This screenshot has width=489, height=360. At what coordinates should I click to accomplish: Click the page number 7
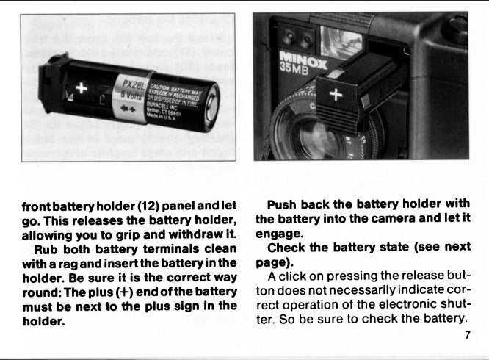(467, 336)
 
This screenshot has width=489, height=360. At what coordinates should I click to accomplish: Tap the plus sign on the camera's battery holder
(337, 94)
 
